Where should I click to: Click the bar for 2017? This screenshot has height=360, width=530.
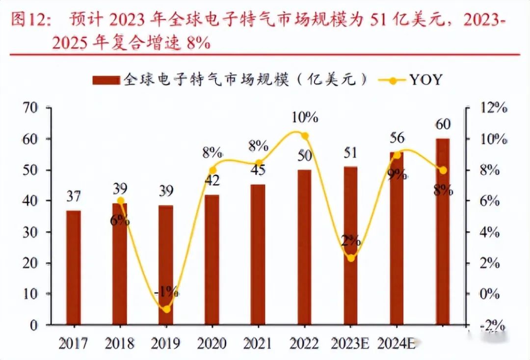(74, 268)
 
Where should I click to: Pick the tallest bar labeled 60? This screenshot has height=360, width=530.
(443, 231)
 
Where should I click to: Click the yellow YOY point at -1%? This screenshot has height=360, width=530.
(166, 309)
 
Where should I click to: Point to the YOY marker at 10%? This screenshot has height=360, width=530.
(305, 136)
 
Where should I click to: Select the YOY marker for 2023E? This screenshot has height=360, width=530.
(350, 258)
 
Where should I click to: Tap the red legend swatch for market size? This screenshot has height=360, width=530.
(106, 80)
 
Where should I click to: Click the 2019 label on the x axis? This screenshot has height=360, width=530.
(166, 343)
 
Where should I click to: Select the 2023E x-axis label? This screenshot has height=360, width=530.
(351, 343)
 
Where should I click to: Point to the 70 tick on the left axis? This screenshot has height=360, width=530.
(30, 108)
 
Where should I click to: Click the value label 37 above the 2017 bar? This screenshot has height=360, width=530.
(74, 197)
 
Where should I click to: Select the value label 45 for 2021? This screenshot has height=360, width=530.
(258, 170)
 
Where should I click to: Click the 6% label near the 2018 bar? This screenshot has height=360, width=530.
(120, 220)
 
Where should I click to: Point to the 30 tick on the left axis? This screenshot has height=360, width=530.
(30, 232)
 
